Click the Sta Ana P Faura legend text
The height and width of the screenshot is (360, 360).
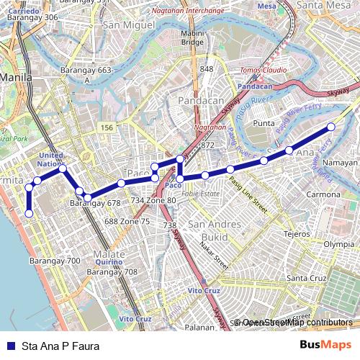click(x=61, y=346)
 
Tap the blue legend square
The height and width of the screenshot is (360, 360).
click(x=10, y=346)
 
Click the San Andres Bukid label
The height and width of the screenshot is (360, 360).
click(x=208, y=230)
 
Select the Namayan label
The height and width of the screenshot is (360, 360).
click(x=341, y=163)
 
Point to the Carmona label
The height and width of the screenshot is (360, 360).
click(x=323, y=194)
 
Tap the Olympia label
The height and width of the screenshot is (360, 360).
click(x=338, y=244)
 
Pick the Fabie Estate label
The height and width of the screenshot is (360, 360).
click(x=204, y=194)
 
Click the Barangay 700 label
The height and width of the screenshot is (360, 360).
click(x=54, y=260)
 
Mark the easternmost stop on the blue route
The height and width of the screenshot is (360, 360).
click(x=331, y=127)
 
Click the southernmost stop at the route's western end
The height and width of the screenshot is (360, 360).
click(x=29, y=213)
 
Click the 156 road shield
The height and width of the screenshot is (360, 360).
click(x=107, y=127)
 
